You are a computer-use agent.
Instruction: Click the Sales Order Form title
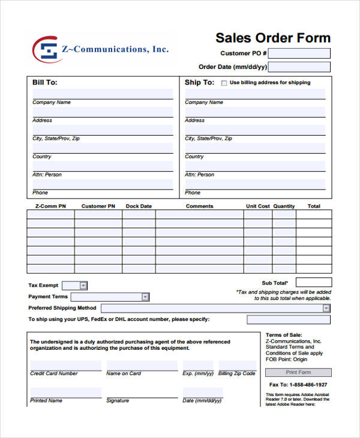[273, 38]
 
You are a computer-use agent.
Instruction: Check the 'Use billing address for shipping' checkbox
[224, 83]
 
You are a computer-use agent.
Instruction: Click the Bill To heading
[45, 82]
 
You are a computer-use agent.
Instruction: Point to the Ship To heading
[199, 82]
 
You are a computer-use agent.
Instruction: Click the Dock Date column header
[139, 206]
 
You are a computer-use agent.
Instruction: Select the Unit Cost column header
[258, 206]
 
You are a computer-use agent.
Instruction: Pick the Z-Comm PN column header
[50, 206]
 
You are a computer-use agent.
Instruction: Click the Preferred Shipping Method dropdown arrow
[326, 308]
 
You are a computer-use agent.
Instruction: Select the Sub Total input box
[313, 282]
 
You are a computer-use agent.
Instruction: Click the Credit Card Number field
[66, 365]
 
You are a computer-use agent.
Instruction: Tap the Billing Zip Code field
[237, 365]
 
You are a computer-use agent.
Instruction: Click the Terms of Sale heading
[284, 334]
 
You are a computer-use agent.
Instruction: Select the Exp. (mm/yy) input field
[197, 365]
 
